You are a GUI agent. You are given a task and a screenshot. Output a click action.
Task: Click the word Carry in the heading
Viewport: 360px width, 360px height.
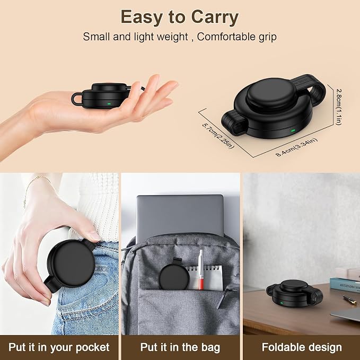point(215,17)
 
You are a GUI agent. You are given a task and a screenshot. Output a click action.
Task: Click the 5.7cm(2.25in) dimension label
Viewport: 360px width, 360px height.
point(218,136)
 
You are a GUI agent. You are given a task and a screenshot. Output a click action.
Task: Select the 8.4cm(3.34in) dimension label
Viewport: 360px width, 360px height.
point(296,147)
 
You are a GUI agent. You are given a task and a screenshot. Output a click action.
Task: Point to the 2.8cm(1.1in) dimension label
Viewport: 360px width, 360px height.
point(339,107)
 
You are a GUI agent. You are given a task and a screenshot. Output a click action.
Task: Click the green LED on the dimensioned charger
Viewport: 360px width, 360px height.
point(293,130)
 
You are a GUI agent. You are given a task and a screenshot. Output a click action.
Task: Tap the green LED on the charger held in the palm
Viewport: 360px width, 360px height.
point(109,104)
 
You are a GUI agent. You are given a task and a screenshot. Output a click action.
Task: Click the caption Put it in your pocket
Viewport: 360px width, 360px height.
point(59,348)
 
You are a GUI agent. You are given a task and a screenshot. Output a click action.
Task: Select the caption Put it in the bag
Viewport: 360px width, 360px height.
point(180,347)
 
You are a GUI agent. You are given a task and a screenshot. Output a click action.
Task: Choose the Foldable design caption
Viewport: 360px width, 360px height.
point(302,347)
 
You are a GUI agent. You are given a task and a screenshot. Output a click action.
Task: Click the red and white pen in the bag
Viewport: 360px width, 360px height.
point(201,269)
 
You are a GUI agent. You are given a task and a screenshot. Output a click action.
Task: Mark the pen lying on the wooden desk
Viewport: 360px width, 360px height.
point(350,300)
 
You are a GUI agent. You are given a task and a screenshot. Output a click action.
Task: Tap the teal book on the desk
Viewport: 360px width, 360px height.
point(345,285)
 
